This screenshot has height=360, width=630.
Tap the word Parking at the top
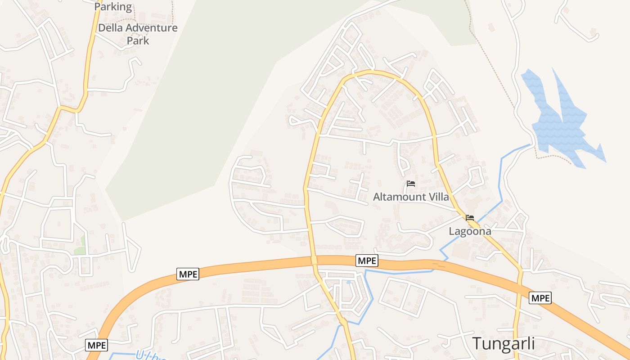[113, 7]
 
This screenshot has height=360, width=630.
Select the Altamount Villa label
[411, 197]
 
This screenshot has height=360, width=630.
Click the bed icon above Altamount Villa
[410, 184]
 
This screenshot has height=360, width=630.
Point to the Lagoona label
[470, 231]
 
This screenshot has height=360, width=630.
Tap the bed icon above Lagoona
[470, 218]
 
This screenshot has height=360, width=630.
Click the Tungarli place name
[504, 343]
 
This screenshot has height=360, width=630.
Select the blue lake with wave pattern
[558, 121]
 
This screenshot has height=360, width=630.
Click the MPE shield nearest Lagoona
[367, 260]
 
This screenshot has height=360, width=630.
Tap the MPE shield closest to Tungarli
[540, 297]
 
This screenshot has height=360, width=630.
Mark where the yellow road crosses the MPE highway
[314, 260]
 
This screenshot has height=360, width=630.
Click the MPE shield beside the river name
[96, 345]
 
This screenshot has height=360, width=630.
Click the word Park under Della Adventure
[138, 40]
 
